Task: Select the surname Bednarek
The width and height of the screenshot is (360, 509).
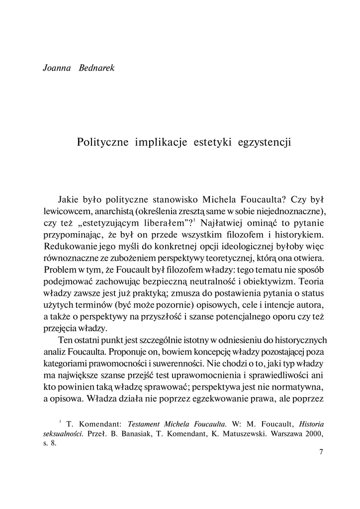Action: [96, 68]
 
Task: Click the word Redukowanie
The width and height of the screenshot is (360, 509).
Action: [67, 246]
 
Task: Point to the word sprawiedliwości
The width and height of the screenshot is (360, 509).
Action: [283, 376]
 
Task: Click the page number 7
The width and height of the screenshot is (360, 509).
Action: [321, 452]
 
